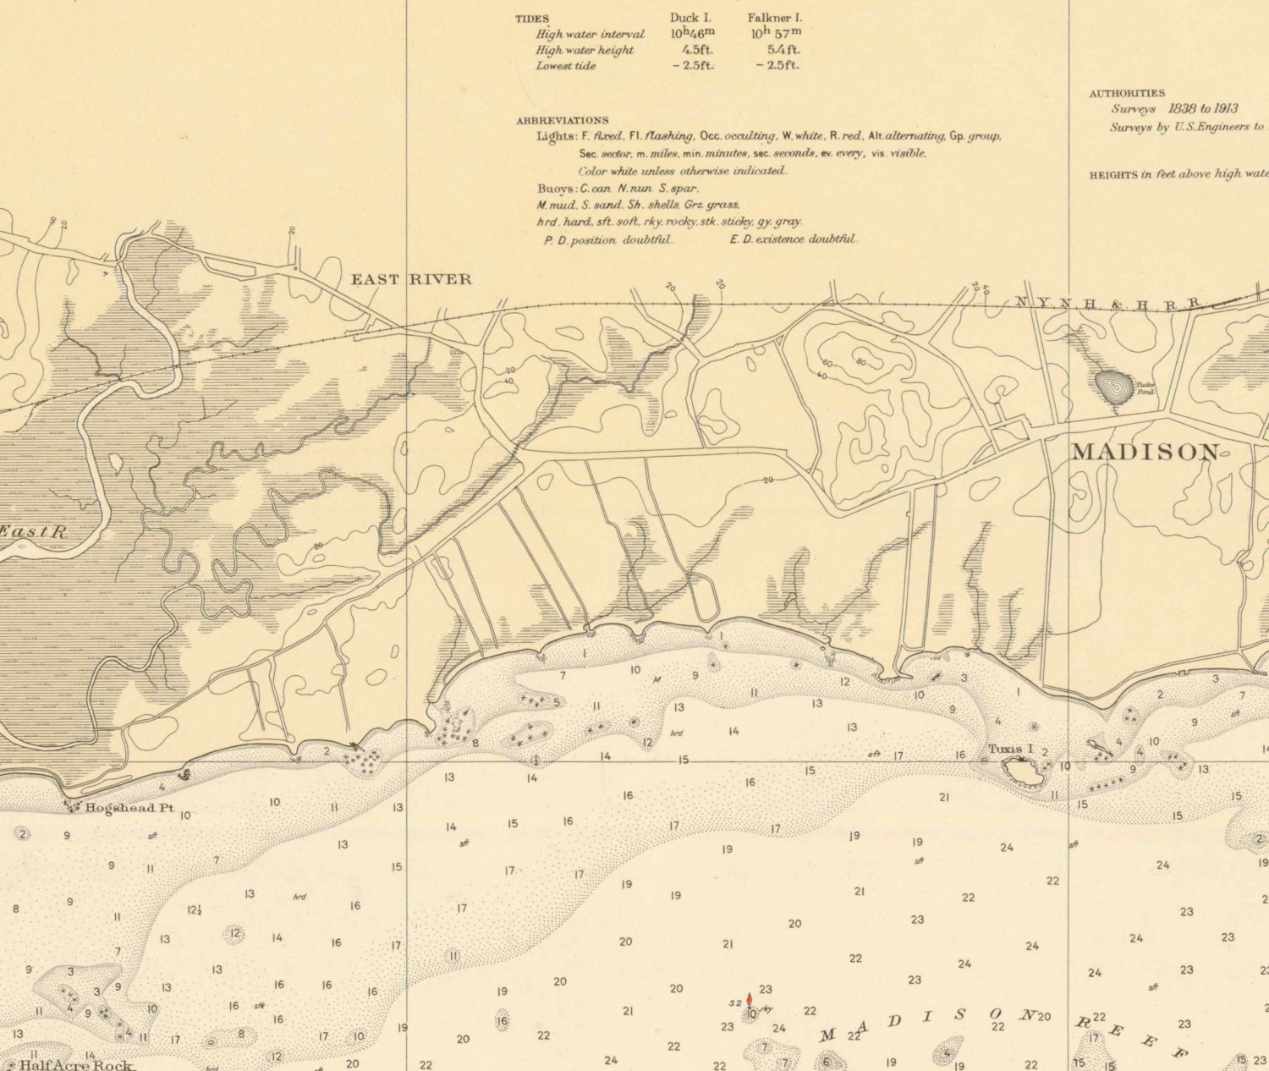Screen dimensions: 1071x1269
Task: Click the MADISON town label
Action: tap(1146, 452)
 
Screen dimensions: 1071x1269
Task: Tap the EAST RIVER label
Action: tap(411, 279)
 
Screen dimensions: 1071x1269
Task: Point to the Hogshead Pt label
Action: tap(129, 808)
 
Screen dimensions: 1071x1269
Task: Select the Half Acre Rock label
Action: tap(76, 1064)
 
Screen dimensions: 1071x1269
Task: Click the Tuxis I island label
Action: tap(1011, 749)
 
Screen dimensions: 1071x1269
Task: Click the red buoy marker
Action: tap(749, 1000)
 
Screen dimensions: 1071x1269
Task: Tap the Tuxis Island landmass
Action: tap(1022, 771)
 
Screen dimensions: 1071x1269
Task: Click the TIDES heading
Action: tap(532, 19)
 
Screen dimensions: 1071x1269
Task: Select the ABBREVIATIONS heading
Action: tap(562, 120)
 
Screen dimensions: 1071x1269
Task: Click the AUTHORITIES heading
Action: tap(1126, 93)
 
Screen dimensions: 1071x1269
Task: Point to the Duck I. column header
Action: tap(692, 18)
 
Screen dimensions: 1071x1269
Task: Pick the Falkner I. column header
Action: tap(774, 18)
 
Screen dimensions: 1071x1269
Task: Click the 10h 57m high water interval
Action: tap(776, 34)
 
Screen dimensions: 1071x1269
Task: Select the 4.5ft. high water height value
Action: tap(697, 50)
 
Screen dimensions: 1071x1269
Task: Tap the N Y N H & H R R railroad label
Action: tap(1108, 302)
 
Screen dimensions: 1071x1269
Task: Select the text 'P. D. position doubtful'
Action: tap(607, 240)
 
